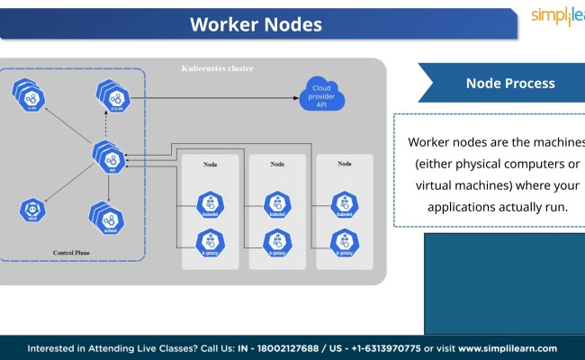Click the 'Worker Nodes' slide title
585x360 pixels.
tap(256, 24)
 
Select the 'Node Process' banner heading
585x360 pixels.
tap(509, 83)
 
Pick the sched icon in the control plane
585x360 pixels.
tap(105, 216)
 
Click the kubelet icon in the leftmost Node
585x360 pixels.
tap(211, 204)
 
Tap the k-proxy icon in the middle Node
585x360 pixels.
tap(277, 242)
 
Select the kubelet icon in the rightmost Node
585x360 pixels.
tap(344, 204)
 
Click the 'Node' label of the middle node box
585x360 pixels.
tap(277, 164)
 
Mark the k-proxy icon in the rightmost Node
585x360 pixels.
tap(344, 242)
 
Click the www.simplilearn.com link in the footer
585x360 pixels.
tap(508, 348)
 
